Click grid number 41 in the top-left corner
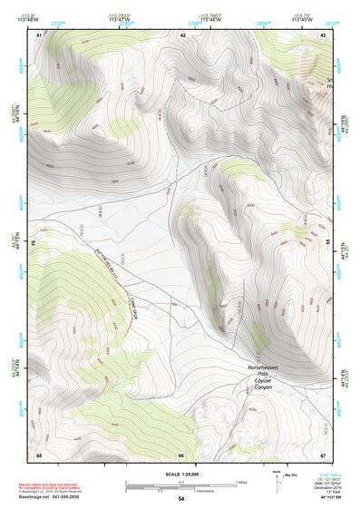[39, 34]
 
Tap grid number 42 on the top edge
[183, 34]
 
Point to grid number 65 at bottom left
[39, 455]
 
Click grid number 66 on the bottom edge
[181, 455]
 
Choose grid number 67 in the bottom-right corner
[323, 455]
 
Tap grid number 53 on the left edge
[34, 243]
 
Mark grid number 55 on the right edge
[327, 243]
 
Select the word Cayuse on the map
[262, 380]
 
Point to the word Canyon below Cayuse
[262, 387]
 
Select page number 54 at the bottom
[181, 500]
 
